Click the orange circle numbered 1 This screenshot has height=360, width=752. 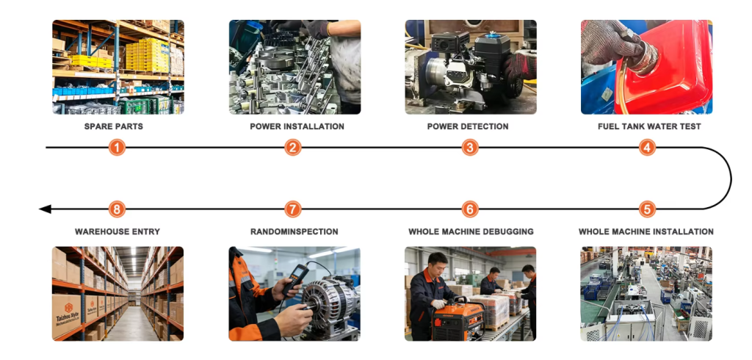(x=117, y=148)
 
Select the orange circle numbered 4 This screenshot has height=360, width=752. (x=647, y=148)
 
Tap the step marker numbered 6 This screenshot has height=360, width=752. (x=470, y=209)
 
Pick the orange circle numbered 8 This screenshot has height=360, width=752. (x=117, y=209)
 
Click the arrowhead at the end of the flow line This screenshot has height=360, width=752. (x=45, y=209)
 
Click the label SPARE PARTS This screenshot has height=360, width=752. (x=114, y=126)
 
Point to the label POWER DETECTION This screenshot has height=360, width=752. (x=468, y=126)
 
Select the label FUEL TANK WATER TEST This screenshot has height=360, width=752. (x=649, y=126)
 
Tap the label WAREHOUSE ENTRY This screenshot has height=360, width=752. (x=117, y=232)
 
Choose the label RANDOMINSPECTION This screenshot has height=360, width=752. (x=294, y=232)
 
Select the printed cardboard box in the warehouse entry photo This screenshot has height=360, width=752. (x=66, y=314)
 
